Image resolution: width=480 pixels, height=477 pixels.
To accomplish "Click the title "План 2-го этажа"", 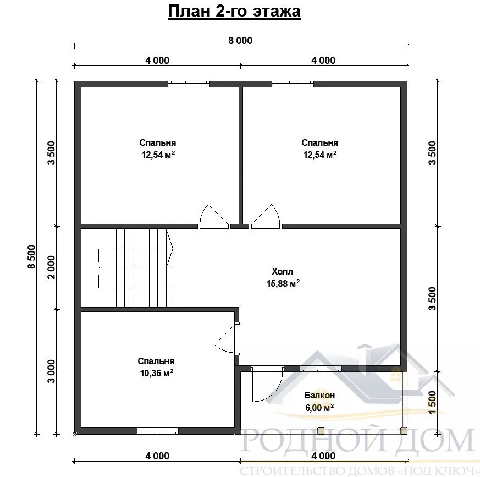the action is point(234,12).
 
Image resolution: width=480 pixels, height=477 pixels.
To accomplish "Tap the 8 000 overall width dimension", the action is point(240,41).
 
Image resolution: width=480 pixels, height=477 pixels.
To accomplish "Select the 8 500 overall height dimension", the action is point(31,257).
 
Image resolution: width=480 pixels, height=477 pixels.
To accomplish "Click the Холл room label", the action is point(282,271).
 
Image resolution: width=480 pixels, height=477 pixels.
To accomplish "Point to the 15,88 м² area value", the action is point(283,283).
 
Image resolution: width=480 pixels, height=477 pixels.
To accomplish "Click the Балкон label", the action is point(319,395).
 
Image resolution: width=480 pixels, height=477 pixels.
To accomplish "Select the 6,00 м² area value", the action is point(319,408).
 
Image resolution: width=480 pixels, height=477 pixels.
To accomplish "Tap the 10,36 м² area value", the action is point(157,373).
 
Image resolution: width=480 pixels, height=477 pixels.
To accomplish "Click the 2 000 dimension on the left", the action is point(51,267).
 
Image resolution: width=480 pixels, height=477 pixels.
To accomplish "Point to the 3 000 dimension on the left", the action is point(51,371).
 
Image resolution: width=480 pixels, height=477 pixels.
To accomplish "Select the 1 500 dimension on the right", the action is point(432,402).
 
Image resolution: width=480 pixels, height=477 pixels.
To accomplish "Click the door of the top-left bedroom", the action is point(214,217).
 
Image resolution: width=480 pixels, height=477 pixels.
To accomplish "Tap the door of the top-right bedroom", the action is point(266,217).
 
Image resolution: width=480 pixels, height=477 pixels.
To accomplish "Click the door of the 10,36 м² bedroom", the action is point(227,338).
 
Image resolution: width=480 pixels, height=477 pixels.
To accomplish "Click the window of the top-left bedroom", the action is point(189,84).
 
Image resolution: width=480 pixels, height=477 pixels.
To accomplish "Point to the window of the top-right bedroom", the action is point(293,84).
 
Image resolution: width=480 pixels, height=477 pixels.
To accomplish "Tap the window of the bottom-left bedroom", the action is point(158,431).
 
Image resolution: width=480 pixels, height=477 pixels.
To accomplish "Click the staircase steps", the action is point(145,268).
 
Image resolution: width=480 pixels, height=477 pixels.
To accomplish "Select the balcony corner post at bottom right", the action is point(404,431).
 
